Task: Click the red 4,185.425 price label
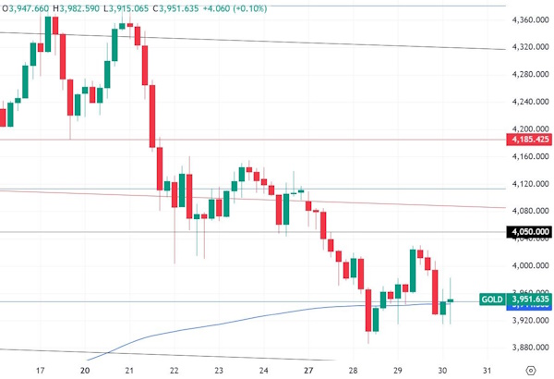click(x=529, y=139)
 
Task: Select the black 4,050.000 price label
click(x=529, y=232)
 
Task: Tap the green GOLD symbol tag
click(x=491, y=300)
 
